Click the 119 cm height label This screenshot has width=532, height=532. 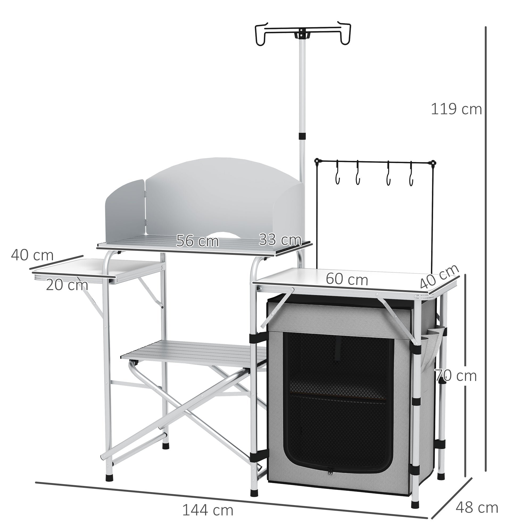pyautogui.click(x=456, y=109)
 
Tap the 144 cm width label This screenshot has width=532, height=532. pyautogui.click(x=208, y=502)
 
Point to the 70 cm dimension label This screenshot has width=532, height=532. pyautogui.click(x=456, y=376)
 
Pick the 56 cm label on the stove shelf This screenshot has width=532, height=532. pyautogui.click(x=197, y=241)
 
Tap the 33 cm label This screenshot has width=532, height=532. pyautogui.click(x=280, y=240)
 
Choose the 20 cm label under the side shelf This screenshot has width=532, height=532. pyautogui.click(x=67, y=285)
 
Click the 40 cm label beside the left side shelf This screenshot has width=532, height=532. pyautogui.click(x=32, y=255)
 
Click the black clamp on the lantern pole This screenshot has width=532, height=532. pyautogui.click(x=302, y=136)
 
